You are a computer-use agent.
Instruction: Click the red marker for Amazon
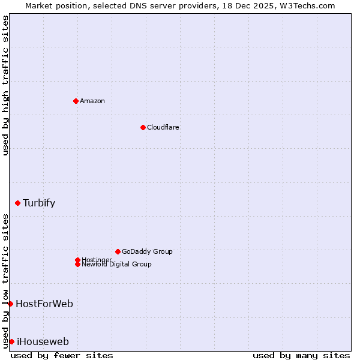(76, 101)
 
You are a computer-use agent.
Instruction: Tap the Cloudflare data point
(143, 127)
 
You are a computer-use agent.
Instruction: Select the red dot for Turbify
(18, 203)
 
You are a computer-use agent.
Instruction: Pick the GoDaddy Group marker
(118, 251)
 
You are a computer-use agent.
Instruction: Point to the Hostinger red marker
(77, 260)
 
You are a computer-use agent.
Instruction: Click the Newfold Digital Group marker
(77, 264)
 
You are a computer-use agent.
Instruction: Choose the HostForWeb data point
(10, 304)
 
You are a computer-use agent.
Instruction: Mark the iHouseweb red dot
(11, 341)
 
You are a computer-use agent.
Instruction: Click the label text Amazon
(92, 101)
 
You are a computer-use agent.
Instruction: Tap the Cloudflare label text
(163, 127)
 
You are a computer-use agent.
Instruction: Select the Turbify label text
(39, 203)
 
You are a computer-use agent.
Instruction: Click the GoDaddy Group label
(147, 251)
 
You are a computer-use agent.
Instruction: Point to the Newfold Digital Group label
(117, 265)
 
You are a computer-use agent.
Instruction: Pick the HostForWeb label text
(44, 304)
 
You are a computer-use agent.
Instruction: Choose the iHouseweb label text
(43, 341)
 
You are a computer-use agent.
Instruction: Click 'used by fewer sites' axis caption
(62, 355)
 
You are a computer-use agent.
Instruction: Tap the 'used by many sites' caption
(301, 355)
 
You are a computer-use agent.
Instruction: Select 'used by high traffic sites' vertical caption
(5, 85)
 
